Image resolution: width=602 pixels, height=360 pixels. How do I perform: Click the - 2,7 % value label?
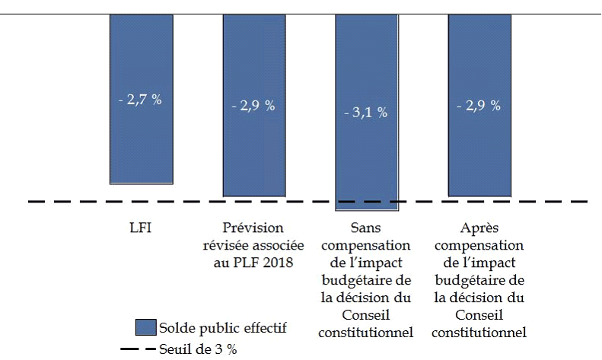pyautogui.click(x=141, y=100)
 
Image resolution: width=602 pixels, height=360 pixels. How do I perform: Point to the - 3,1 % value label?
pyautogui.click(x=367, y=113)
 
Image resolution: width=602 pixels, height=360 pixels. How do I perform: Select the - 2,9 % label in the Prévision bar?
pyautogui.click(x=253, y=106)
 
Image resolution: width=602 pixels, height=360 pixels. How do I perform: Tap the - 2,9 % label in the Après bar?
pyautogui.click(x=479, y=106)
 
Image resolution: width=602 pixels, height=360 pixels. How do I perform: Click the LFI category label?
pyautogui.click(x=141, y=228)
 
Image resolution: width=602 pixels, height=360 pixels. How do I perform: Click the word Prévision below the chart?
pyautogui.click(x=253, y=228)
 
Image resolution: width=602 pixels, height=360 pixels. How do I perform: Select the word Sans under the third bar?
pyautogui.click(x=367, y=228)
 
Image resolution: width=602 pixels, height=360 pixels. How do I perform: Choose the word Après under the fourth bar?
pyautogui.click(x=479, y=228)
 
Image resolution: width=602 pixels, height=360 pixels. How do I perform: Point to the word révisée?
pyautogui.click(x=228, y=245)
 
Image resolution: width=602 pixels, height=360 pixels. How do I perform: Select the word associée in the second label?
pyautogui.click(x=279, y=245)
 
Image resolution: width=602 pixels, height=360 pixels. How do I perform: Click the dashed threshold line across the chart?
pyautogui.click(x=76, y=202)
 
